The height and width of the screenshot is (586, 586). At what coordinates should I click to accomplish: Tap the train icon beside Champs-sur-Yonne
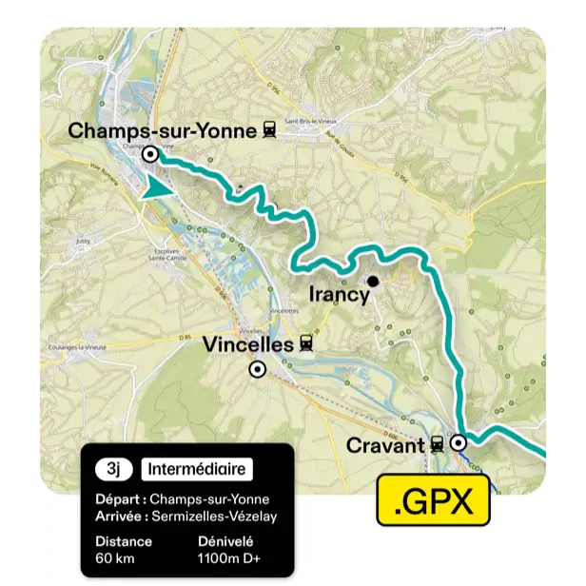point(269,130)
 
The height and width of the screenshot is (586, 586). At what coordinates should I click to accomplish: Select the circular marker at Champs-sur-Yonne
point(150,153)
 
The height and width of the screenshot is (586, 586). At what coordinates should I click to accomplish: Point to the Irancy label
point(340,296)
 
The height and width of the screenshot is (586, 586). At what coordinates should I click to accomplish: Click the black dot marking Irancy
point(374,281)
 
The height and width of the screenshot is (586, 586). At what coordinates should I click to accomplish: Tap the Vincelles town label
point(248,345)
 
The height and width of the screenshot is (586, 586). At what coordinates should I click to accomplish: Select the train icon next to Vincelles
point(306,344)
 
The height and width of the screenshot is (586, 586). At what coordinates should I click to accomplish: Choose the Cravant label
point(385,444)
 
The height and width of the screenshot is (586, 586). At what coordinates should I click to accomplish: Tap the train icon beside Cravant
point(436,444)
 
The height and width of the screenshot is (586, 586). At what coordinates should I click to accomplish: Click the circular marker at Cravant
point(459,442)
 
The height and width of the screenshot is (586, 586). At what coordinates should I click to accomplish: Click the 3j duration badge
point(113,469)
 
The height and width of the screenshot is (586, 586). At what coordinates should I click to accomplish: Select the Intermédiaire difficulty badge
point(196,469)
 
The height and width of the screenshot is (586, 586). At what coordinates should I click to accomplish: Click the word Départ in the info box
point(120,499)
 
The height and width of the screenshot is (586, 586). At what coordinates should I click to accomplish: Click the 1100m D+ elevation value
point(232,557)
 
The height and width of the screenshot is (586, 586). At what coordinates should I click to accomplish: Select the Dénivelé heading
point(225,541)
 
